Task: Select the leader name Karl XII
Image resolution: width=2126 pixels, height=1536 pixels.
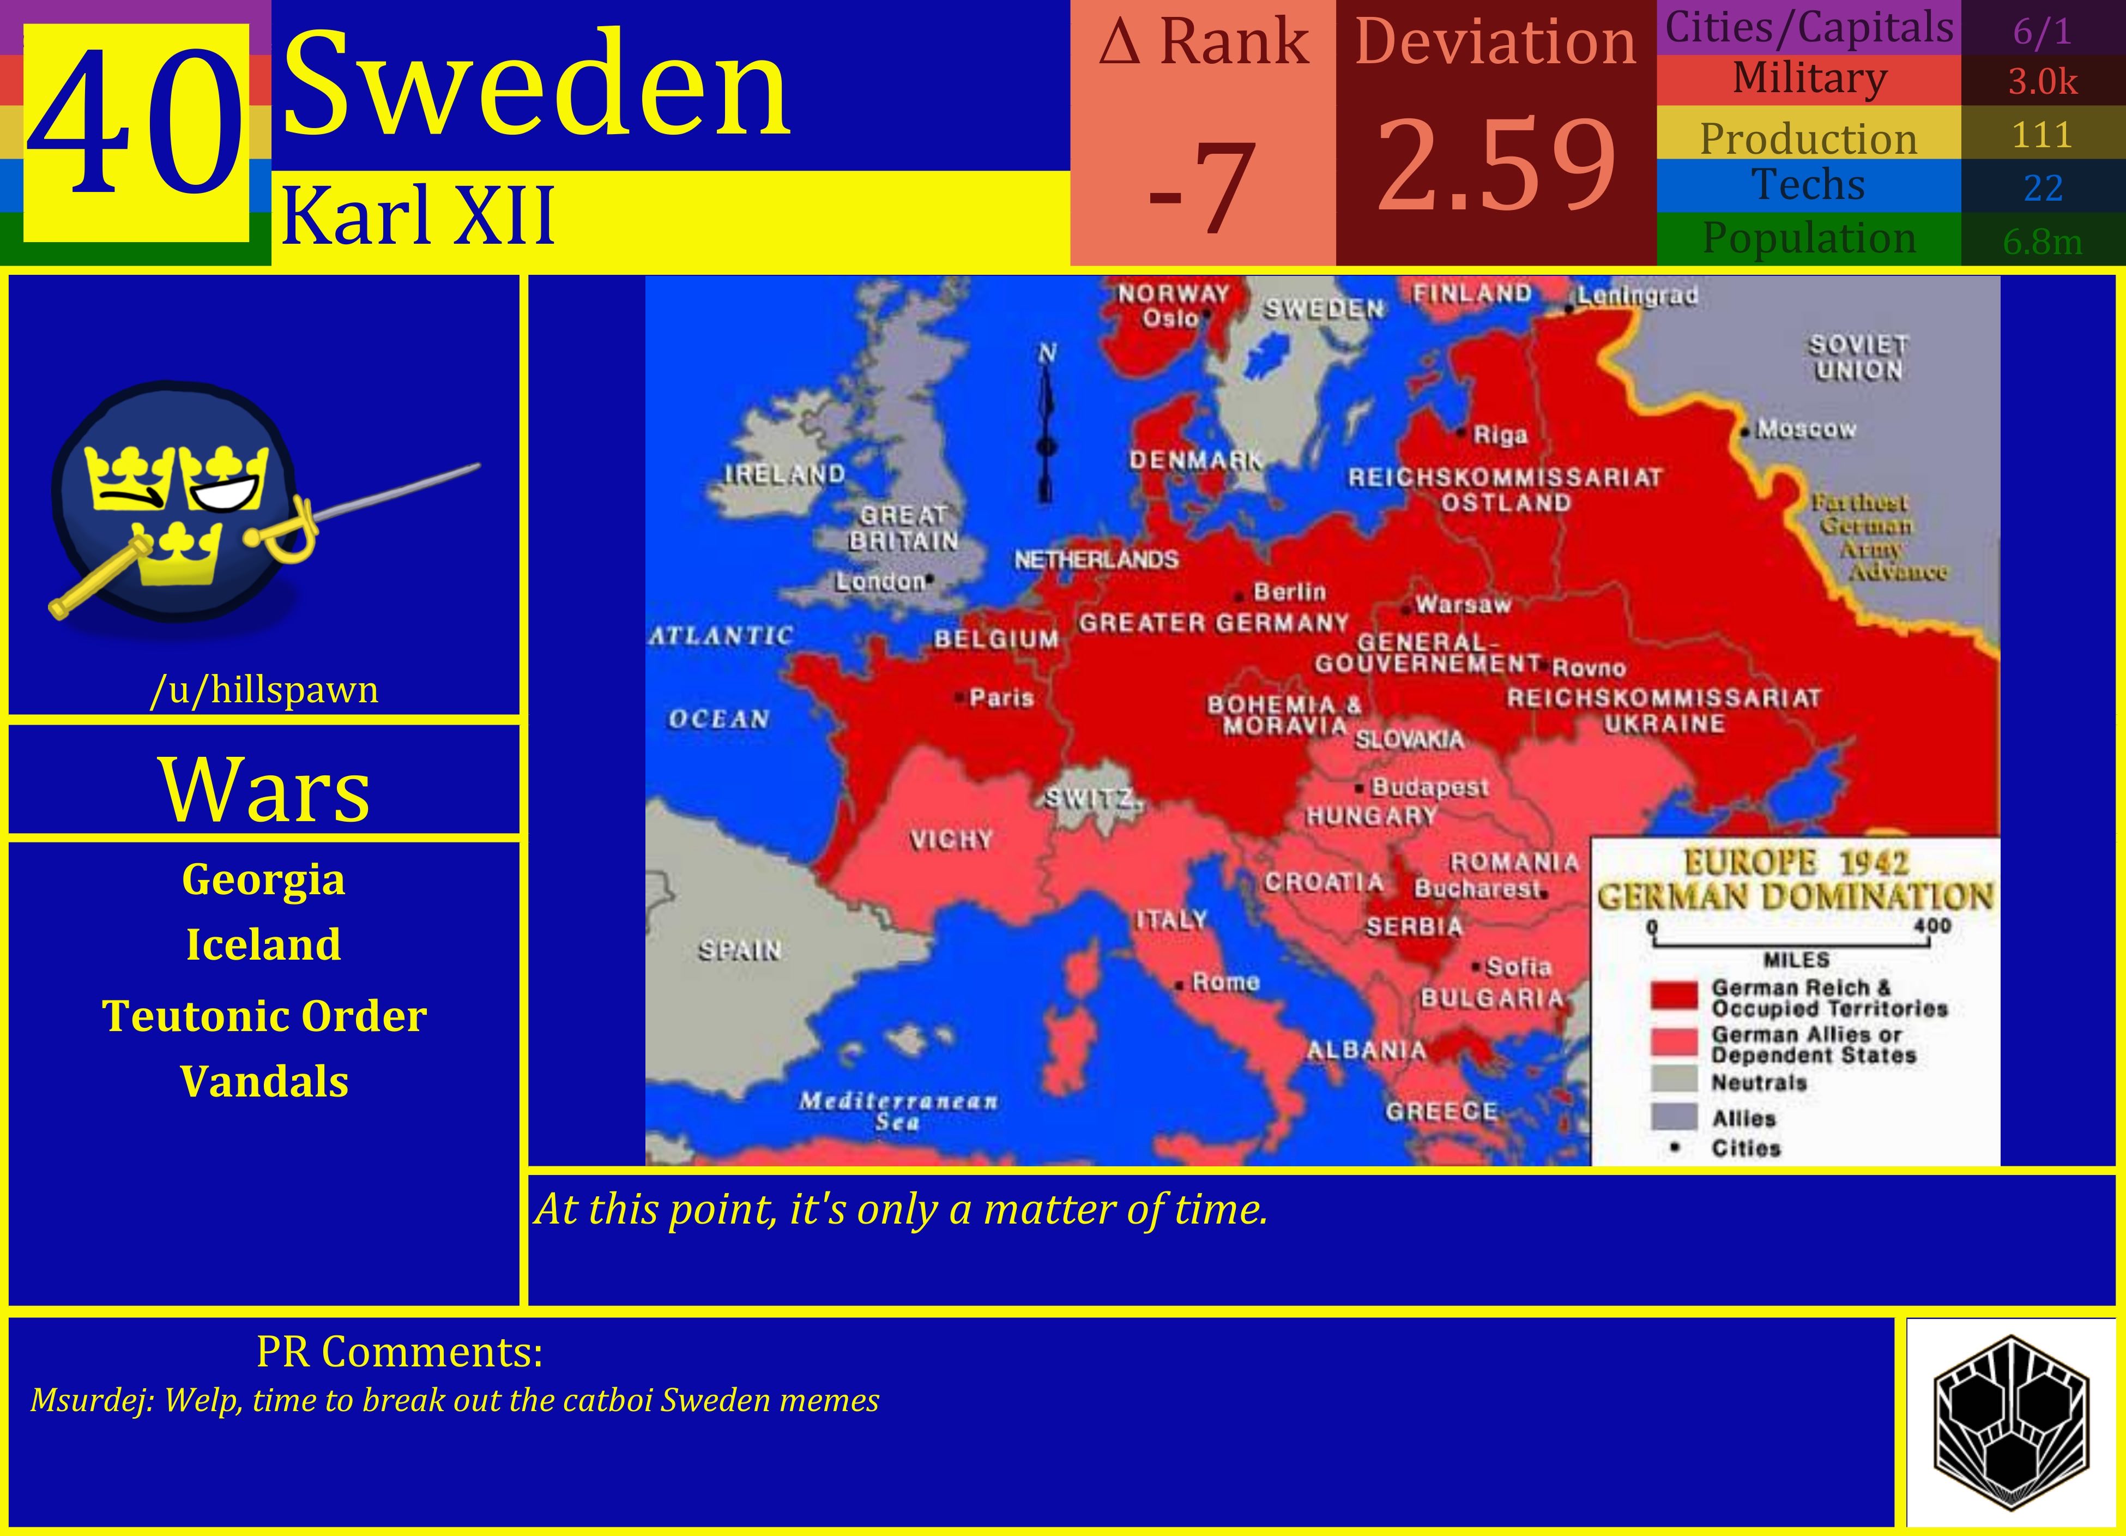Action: point(418,216)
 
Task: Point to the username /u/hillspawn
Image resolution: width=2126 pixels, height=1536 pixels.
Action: point(264,690)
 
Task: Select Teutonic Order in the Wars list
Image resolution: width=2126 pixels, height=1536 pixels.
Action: point(264,1016)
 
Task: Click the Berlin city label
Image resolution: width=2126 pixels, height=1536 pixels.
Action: point(1289,592)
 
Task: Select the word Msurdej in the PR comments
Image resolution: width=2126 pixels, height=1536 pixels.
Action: point(90,1401)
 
